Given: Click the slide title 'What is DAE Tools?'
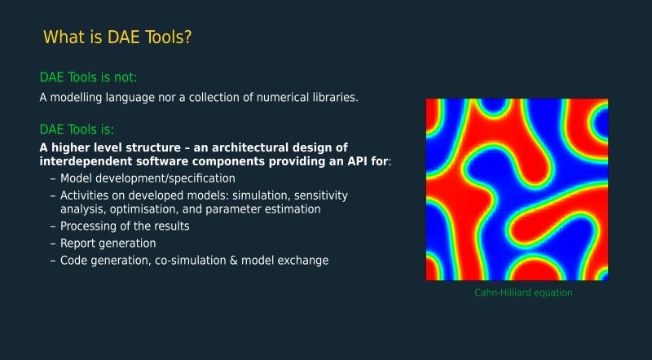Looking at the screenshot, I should (x=117, y=37).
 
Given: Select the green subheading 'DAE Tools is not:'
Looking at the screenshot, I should (x=88, y=77).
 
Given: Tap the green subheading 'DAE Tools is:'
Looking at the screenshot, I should (x=77, y=130).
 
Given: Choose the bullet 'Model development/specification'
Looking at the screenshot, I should (x=148, y=178).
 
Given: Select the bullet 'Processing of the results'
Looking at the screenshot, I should (x=125, y=226).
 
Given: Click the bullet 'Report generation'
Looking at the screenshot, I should (x=108, y=243).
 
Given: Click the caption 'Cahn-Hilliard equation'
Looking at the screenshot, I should (x=523, y=292).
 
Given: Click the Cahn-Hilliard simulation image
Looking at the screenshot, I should (x=517, y=189).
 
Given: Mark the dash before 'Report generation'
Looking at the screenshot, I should (x=53, y=243).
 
